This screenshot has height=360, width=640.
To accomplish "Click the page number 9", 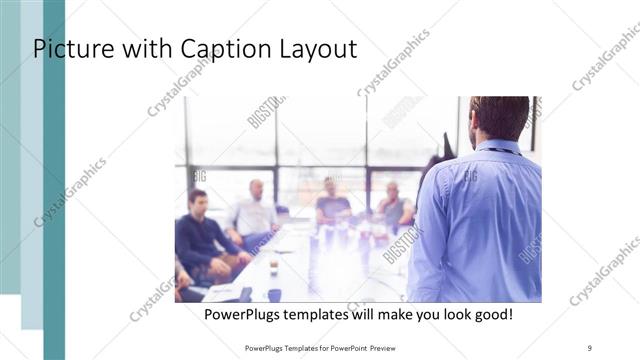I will coord(590,347).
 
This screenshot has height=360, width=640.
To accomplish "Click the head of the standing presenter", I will coord(497,118).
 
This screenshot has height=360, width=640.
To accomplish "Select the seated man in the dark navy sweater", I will coord(202,235).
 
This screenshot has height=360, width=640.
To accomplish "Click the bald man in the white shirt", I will coord(254,212).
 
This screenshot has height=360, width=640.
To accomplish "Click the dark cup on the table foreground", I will coord(274,294).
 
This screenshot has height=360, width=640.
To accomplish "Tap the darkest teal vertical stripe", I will coord(54,180).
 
